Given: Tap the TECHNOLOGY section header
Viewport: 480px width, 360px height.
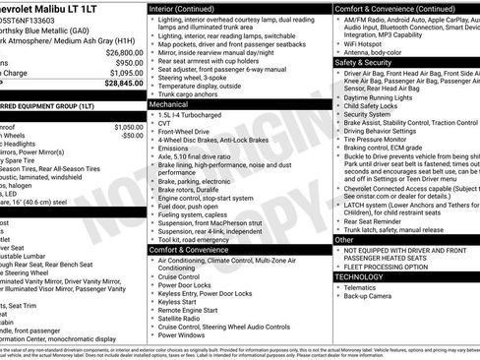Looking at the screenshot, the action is pyautogui.click(x=360, y=277).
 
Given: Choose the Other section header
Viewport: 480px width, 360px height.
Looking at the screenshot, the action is pyautogui.click(x=344, y=239).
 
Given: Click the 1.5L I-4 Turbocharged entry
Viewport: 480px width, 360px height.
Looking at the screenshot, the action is pyautogui.click(x=192, y=113).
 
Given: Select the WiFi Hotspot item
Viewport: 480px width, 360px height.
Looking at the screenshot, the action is pyautogui.click(x=363, y=42).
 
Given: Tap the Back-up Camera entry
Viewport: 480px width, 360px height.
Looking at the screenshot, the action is pyautogui.click(x=368, y=296).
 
